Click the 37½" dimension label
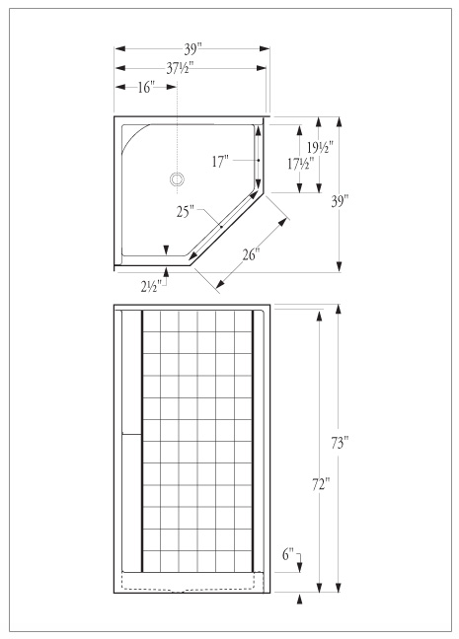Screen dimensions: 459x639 tap(180, 68)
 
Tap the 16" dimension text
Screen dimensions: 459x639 tap(146, 87)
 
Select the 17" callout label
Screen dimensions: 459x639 tap(220, 162)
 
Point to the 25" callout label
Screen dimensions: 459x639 tap(186, 211)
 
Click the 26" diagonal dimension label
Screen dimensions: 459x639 tap(252, 254)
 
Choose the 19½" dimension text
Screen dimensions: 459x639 tap(320, 147)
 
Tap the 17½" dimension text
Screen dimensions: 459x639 tap(301, 164)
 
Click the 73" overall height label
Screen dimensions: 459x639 tap(340, 443)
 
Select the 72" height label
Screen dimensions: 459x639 tap(321, 484)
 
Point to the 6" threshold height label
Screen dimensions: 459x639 tap(288, 554)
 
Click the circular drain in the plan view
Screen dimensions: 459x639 tap(177, 178)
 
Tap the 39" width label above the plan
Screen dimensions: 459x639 tap(193, 49)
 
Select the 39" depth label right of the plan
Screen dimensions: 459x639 tap(340, 201)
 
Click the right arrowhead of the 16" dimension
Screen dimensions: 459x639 tap(172, 87)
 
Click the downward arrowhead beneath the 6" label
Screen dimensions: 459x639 tap(300, 567)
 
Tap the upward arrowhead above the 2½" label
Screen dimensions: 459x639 tap(166, 272)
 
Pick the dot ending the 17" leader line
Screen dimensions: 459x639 tap(259, 160)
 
